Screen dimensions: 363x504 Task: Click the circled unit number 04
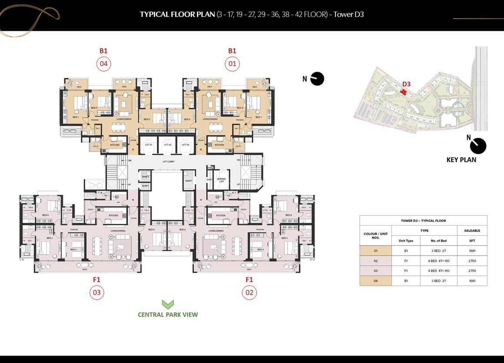coord(103,64)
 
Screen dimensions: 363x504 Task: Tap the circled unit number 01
coord(232,64)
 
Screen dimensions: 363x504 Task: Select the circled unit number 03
coord(96,293)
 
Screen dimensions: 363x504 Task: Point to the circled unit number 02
coord(249,293)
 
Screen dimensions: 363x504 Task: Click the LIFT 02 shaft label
coord(168,145)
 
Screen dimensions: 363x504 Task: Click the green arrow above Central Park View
coord(168,304)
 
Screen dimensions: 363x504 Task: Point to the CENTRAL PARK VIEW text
coord(168,315)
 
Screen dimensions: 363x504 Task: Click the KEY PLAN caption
coord(461,160)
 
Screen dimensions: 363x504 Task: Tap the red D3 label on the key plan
coord(406,84)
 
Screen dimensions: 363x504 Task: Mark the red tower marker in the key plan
coord(404,92)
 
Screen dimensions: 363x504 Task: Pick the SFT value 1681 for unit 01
coord(472,251)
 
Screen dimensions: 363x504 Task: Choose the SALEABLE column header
coord(472,231)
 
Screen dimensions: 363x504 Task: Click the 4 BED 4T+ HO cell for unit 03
coord(439,271)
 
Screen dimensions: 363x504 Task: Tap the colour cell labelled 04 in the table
coord(376,281)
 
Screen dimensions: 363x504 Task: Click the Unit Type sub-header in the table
coord(406,241)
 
